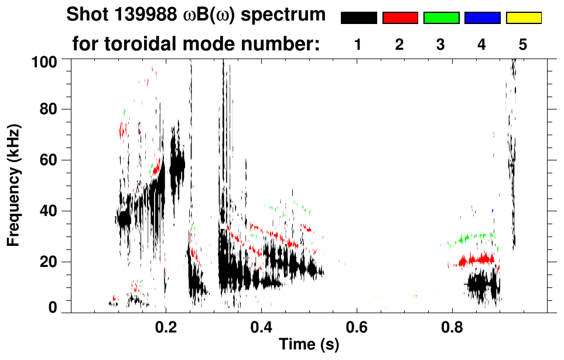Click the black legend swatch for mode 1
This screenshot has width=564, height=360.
pyautogui.click(x=358, y=18)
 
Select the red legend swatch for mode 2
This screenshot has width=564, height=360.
pyautogui.click(x=400, y=18)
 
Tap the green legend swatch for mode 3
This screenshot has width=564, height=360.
pyautogui.click(x=441, y=18)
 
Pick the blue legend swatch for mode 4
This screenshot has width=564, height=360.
pyautogui.click(x=482, y=18)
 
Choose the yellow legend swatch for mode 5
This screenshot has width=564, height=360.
pyautogui.click(x=524, y=18)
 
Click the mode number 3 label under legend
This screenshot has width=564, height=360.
pyautogui.click(x=441, y=44)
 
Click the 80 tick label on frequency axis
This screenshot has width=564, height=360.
pyautogui.click(x=49, y=109)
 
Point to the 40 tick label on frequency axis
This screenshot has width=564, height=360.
pyautogui.click(x=49, y=211)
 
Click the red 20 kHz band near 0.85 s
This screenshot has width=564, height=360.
pyautogui.click(x=477, y=259)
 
